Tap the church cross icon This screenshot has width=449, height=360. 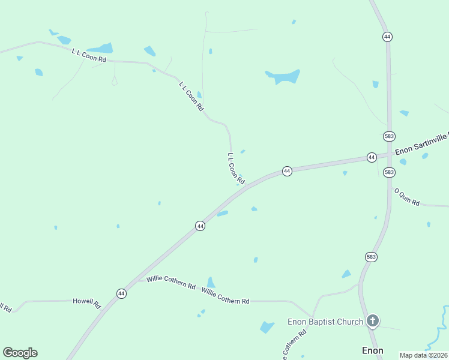[x=373, y=321]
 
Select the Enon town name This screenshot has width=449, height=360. [x=372, y=350]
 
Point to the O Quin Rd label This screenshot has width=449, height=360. [x=406, y=197]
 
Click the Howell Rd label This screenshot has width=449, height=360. [x=87, y=301]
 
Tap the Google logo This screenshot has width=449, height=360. [x=20, y=353]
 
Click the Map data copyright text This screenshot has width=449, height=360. [x=424, y=355]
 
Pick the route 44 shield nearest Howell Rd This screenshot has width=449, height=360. [x=121, y=293]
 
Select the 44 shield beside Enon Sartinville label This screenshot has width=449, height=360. [x=372, y=157]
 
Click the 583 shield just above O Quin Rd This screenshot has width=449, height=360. [x=389, y=172]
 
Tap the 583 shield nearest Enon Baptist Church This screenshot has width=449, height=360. [x=371, y=257]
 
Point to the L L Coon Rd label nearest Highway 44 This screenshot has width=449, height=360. [x=236, y=168]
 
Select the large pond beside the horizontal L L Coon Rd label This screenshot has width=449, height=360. [x=101, y=48]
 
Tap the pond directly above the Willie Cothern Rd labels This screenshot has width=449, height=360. [x=211, y=283]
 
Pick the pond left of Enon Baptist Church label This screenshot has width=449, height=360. [x=267, y=327]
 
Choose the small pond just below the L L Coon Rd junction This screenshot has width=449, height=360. [x=222, y=213]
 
